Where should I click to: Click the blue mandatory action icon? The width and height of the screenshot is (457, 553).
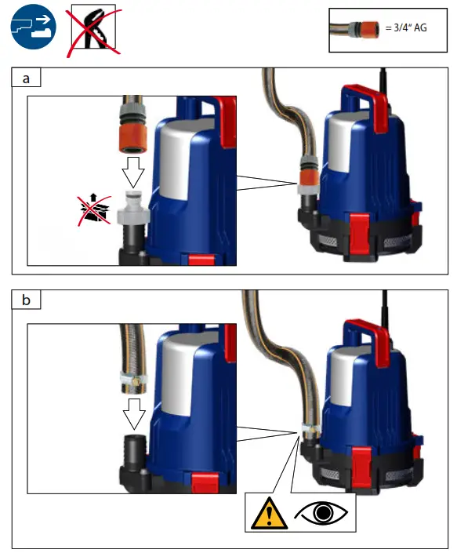(32, 28)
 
